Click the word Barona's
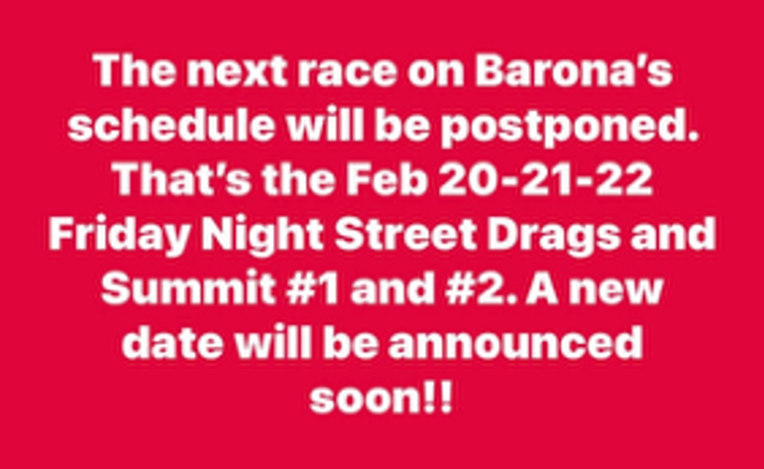[x=574, y=71]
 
